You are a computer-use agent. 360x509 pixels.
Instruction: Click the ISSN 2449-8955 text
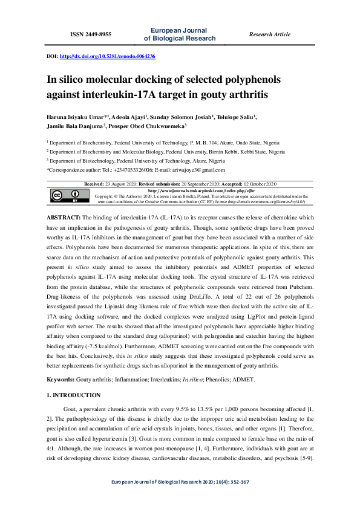pyautogui.click(x=91, y=34)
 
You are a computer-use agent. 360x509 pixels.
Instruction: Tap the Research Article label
pyautogui.click(x=269, y=34)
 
